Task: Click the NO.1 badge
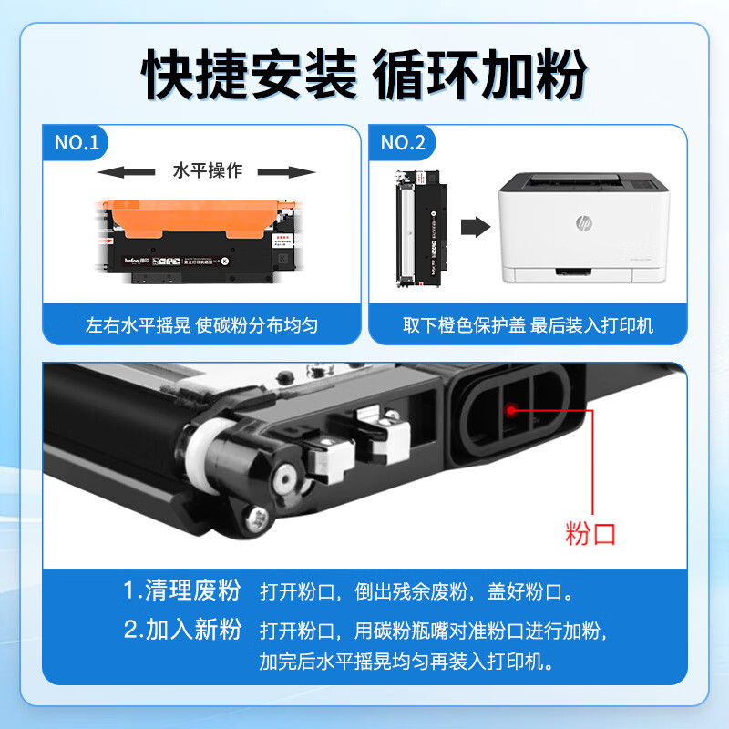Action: coord(77,142)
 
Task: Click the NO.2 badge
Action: coord(402,142)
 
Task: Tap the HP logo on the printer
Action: coord(583,221)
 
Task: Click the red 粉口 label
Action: coord(590,533)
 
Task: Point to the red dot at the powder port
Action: coord(512,410)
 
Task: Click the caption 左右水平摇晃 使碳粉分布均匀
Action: coord(201,325)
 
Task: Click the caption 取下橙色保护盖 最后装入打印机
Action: coord(528,325)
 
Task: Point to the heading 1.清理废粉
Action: coord(182,590)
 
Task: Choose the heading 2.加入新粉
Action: coord(182,630)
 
